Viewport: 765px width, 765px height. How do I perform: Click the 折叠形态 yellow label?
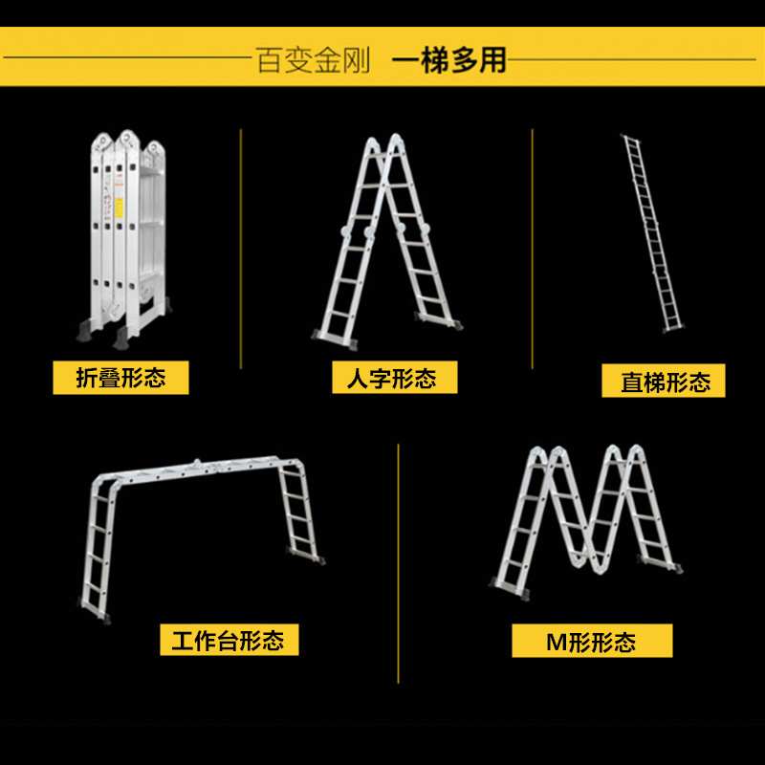click(x=120, y=379)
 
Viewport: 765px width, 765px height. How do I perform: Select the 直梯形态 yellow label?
click(x=664, y=382)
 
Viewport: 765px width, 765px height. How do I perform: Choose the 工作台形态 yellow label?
click(x=229, y=640)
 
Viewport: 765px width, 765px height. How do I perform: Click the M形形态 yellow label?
click(x=592, y=641)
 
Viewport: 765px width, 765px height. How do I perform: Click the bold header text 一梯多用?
click(x=449, y=60)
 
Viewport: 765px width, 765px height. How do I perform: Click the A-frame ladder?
click(x=387, y=239)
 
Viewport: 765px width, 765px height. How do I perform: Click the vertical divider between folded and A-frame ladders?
click(x=240, y=249)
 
